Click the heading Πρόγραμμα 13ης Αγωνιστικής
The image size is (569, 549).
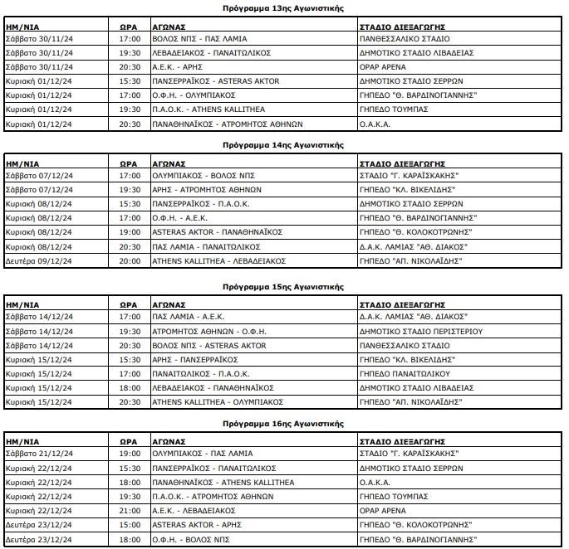pyautogui.click(x=283, y=7)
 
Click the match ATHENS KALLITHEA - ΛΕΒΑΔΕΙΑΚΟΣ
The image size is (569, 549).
pyautogui.click(x=207, y=261)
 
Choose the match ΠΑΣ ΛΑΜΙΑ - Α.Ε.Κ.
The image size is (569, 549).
pyautogui.click(x=189, y=316)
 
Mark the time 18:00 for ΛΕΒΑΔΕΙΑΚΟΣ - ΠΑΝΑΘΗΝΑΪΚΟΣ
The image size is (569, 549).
pyautogui.click(x=130, y=386)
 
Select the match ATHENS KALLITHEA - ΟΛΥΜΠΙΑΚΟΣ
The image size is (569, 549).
pyautogui.click(x=206, y=401)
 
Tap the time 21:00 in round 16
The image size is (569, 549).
pyautogui.click(x=130, y=511)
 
